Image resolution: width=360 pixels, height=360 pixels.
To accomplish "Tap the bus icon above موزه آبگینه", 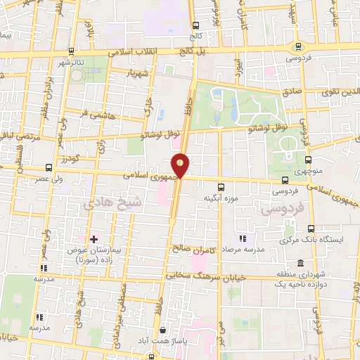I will (x=221, y=187).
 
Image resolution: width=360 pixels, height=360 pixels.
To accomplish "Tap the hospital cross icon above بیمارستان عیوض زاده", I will (x=93, y=239).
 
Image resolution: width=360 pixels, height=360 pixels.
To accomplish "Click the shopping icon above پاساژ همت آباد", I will (x=164, y=329).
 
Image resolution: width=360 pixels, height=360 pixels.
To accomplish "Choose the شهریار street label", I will (x=136, y=73).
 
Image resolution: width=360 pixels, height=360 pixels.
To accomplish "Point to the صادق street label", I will (x=291, y=91).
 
